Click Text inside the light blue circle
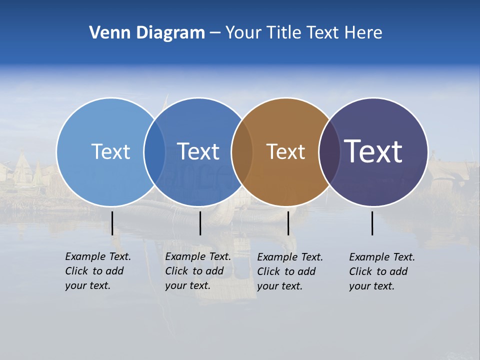click(x=110, y=151)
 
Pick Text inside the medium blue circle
click(x=198, y=151)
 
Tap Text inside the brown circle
click(x=286, y=151)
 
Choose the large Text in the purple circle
click(x=373, y=151)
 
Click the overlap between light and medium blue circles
click(x=154, y=152)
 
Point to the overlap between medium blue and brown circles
click(x=242, y=152)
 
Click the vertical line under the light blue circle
click(x=112, y=223)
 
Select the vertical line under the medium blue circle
click(x=200, y=223)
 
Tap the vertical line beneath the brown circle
click(x=288, y=223)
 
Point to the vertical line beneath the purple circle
click(x=372, y=223)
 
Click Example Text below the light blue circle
click(x=98, y=256)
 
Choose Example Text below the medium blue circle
click(x=198, y=256)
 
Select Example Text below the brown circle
click(x=290, y=257)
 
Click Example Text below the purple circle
click(x=382, y=257)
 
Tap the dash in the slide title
click(x=215, y=33)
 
